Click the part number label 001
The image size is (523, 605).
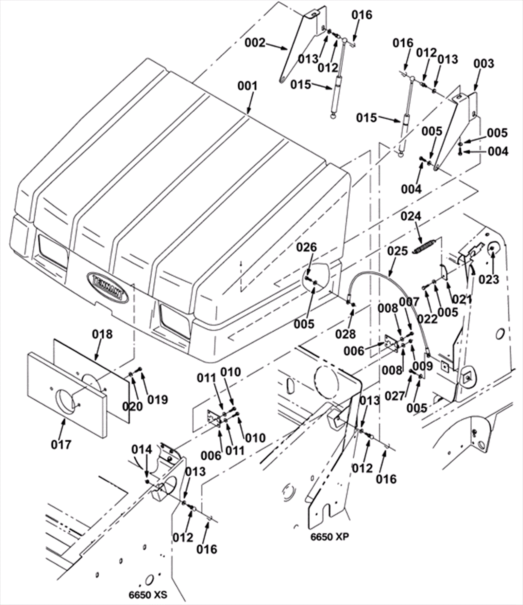[247, 86]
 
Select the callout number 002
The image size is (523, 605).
[256, 43]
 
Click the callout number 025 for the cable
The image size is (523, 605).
[398, 251]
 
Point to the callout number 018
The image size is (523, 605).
[102, 334]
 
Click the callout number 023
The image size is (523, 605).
[489, 279]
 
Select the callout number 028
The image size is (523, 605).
[346, 334]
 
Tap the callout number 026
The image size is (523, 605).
[307, 247]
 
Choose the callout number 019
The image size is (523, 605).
[158, 399]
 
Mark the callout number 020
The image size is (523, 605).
[133, 406]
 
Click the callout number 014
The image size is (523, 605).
[142, 449]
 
